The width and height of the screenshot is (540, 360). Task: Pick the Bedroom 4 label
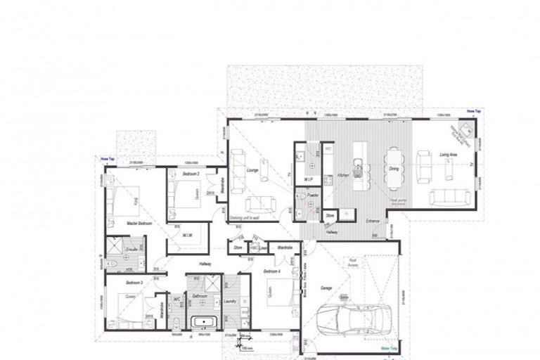click(272, 271)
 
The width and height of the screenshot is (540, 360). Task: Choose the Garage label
click(326, 288)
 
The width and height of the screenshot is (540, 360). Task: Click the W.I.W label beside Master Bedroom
click(188, 236)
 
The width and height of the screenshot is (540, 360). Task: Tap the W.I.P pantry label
click(309, 179)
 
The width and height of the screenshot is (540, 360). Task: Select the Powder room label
click(314, 195)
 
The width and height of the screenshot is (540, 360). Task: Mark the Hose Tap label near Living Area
click(473, 111)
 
